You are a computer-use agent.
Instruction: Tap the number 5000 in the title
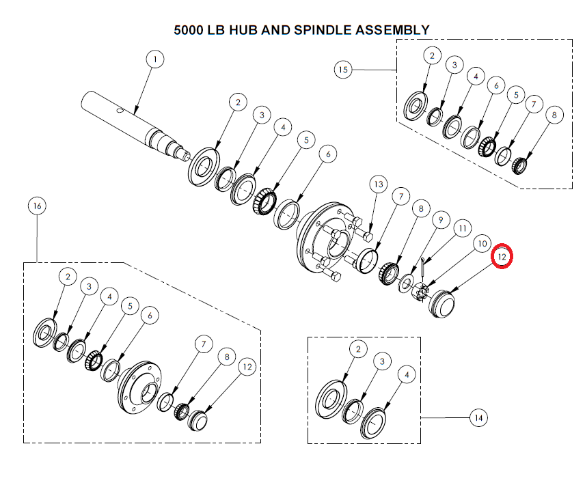[189, 30]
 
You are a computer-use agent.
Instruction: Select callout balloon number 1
[155, 59]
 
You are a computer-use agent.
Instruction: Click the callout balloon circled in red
[502, 256]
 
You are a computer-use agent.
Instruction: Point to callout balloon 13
[379, 184]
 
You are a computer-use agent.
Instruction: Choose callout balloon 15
[343, 70]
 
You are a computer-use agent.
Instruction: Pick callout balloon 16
[38, 206]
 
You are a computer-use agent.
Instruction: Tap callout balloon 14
[478, 418]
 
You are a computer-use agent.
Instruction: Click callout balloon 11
[463, 228]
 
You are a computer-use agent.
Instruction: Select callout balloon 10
[482, 244]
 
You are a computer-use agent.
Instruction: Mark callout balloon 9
[441, 220]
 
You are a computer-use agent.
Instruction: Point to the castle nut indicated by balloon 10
[420, 291]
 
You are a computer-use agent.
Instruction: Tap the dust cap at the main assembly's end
[441, 304]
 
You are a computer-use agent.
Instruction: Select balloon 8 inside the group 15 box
[554, 115]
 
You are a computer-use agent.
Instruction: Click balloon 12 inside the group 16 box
[247, 367]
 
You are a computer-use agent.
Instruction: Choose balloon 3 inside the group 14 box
[382, 361]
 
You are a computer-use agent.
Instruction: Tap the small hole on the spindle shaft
[120, 111]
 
